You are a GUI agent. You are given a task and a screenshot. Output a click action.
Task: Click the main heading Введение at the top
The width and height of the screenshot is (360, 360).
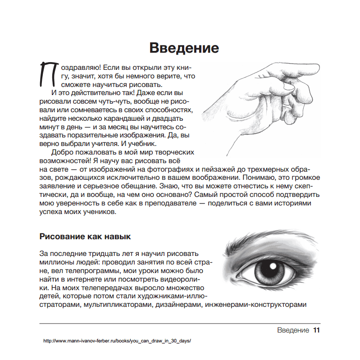(x=184, y=48)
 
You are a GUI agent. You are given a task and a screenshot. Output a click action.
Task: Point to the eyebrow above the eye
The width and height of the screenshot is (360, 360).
(x=266, y=241)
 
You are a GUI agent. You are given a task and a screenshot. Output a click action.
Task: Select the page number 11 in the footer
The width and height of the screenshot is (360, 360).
(x=316, y=330)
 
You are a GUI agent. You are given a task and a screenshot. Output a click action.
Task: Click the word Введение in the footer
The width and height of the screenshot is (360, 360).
(x=293, y=330)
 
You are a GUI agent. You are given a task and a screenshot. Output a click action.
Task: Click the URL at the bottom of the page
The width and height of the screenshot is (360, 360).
(x=118, y=341)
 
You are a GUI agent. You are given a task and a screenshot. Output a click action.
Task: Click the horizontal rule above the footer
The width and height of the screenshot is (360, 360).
(x=180, y=323)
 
